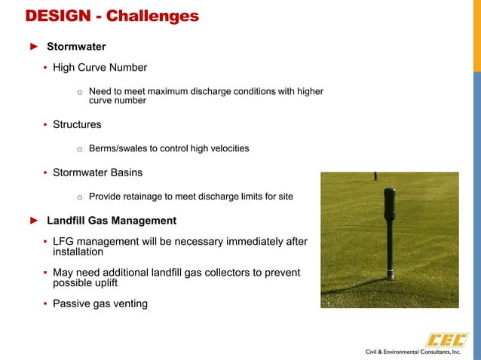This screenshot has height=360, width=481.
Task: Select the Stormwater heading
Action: point(76,47)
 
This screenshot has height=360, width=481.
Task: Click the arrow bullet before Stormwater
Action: point(33,47)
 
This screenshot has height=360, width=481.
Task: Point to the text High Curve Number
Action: point(100,68)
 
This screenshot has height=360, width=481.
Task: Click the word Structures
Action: point(77,124)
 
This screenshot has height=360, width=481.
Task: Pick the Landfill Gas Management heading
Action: point(112,221)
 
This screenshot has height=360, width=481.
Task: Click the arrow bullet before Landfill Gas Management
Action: point(33,221)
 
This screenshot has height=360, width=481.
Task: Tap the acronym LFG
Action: point(65,241)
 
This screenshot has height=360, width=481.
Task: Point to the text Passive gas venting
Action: point(100,304)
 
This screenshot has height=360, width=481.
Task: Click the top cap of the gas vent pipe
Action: point(389,194)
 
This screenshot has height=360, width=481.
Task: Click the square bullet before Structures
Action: point(45,124)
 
